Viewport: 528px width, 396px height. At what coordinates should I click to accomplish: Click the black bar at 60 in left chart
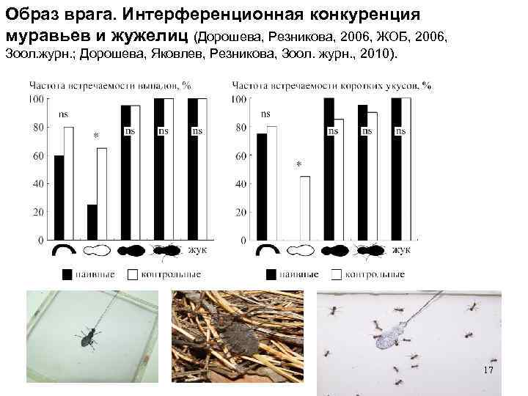pos(59,198)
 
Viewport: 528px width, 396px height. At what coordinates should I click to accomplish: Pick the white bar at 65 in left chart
pos(102,194)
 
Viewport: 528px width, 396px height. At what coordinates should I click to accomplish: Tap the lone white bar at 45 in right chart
pos(305,208)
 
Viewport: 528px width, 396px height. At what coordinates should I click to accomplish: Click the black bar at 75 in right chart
pos(262,187)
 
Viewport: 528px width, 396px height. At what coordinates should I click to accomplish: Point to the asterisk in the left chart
pos(95,136)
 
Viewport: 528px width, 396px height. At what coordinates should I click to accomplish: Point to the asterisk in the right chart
pos(298,165)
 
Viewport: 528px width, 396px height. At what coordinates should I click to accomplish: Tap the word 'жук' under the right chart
pos(400,251)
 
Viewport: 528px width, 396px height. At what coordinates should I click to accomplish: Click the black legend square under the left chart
pos(67,274)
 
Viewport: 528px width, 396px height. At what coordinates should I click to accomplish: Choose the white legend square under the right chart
pos(337,274)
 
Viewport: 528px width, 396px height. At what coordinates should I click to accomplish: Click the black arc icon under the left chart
pos(62,250)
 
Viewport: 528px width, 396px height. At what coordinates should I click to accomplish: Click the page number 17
pos(489,371)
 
